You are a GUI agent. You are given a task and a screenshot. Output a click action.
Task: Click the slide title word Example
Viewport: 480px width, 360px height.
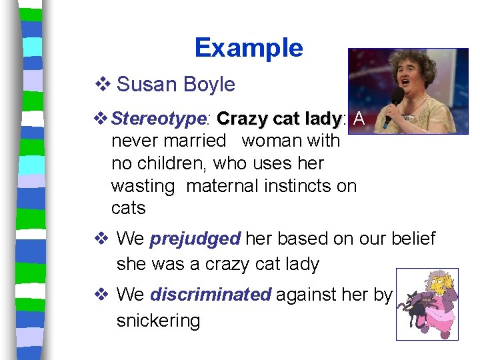pos(249,48)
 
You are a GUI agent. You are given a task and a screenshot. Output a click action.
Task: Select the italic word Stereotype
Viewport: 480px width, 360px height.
pos(159,119)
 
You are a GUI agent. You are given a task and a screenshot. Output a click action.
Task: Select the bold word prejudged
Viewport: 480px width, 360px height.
pos(195,239)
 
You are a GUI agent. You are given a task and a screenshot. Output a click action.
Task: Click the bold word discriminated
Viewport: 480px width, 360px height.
pos(210,295)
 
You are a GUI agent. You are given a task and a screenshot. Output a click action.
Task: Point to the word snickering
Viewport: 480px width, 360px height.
pos(158,321)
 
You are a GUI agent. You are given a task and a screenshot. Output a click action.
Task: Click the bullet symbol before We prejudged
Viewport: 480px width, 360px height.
pos(101,239)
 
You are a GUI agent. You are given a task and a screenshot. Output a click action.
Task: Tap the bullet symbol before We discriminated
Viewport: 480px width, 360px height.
pos(101,295)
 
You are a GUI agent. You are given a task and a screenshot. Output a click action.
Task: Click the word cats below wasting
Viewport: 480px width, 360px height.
pos(128,209)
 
